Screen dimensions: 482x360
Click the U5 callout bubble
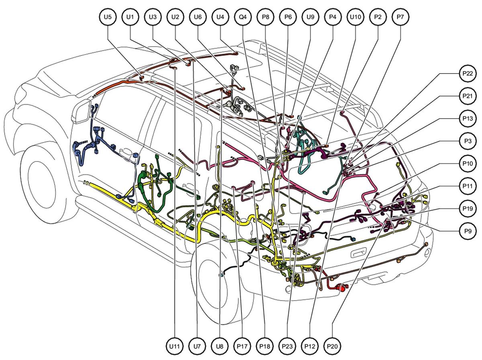108,17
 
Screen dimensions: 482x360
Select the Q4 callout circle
243,17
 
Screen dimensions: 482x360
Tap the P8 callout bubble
266,17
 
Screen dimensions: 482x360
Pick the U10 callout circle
355,17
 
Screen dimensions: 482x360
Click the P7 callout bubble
400,17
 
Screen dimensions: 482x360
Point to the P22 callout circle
468,74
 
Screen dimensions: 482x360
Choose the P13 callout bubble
468,119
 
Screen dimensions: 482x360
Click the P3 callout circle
468,141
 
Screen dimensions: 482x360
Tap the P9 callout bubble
468,231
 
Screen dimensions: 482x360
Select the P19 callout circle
468,209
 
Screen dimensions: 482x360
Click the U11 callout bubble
175,346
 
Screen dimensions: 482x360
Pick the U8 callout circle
220,346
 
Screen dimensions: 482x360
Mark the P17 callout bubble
242,346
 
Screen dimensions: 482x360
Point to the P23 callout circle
287,346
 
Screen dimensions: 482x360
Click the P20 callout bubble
332,346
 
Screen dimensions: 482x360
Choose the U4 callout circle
220,17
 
